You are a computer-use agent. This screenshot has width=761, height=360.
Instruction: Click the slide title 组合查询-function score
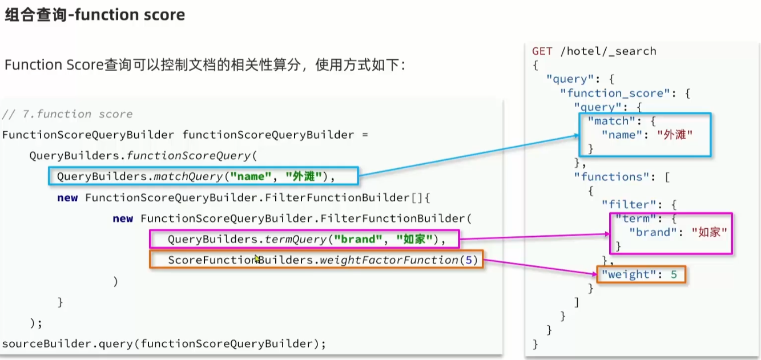point(95,15)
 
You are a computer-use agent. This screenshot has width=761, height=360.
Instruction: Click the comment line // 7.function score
point(67,114)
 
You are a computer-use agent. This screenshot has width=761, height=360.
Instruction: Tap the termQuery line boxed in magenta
point(304,239)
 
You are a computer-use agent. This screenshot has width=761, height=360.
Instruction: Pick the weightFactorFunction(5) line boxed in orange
point(316,260)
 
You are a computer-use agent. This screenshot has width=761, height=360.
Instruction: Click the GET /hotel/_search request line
point(594,51)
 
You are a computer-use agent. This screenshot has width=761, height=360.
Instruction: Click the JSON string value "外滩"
point(675,135)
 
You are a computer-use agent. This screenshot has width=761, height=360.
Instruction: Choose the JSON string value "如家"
point(708,232)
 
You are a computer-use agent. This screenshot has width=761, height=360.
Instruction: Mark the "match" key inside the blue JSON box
point(611,121)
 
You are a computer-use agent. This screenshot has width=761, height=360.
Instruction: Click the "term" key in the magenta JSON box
point(635,219)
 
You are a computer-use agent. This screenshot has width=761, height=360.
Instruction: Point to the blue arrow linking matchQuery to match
point(468,155)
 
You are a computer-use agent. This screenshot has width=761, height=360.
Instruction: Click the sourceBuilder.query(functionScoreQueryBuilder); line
point(164,343)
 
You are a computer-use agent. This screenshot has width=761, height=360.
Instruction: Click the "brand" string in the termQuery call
point(357,239)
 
